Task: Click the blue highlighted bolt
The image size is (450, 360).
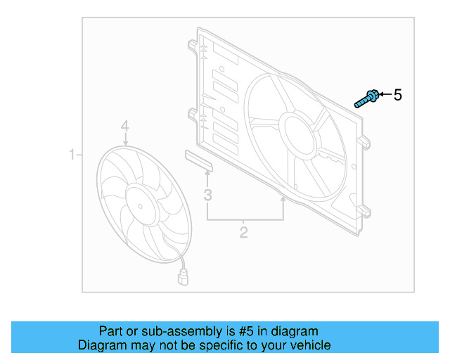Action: point(367,98)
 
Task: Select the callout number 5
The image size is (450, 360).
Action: point(397,95)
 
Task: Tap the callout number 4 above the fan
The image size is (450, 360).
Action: point(124,126)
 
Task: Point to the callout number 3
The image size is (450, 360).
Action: point(207,195)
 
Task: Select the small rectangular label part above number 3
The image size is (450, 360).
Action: point(199,159)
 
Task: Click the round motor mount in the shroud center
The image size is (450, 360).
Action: point(300,131)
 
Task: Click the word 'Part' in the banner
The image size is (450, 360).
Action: point(110,331)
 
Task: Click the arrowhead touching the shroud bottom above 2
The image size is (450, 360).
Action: point(283,200)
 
